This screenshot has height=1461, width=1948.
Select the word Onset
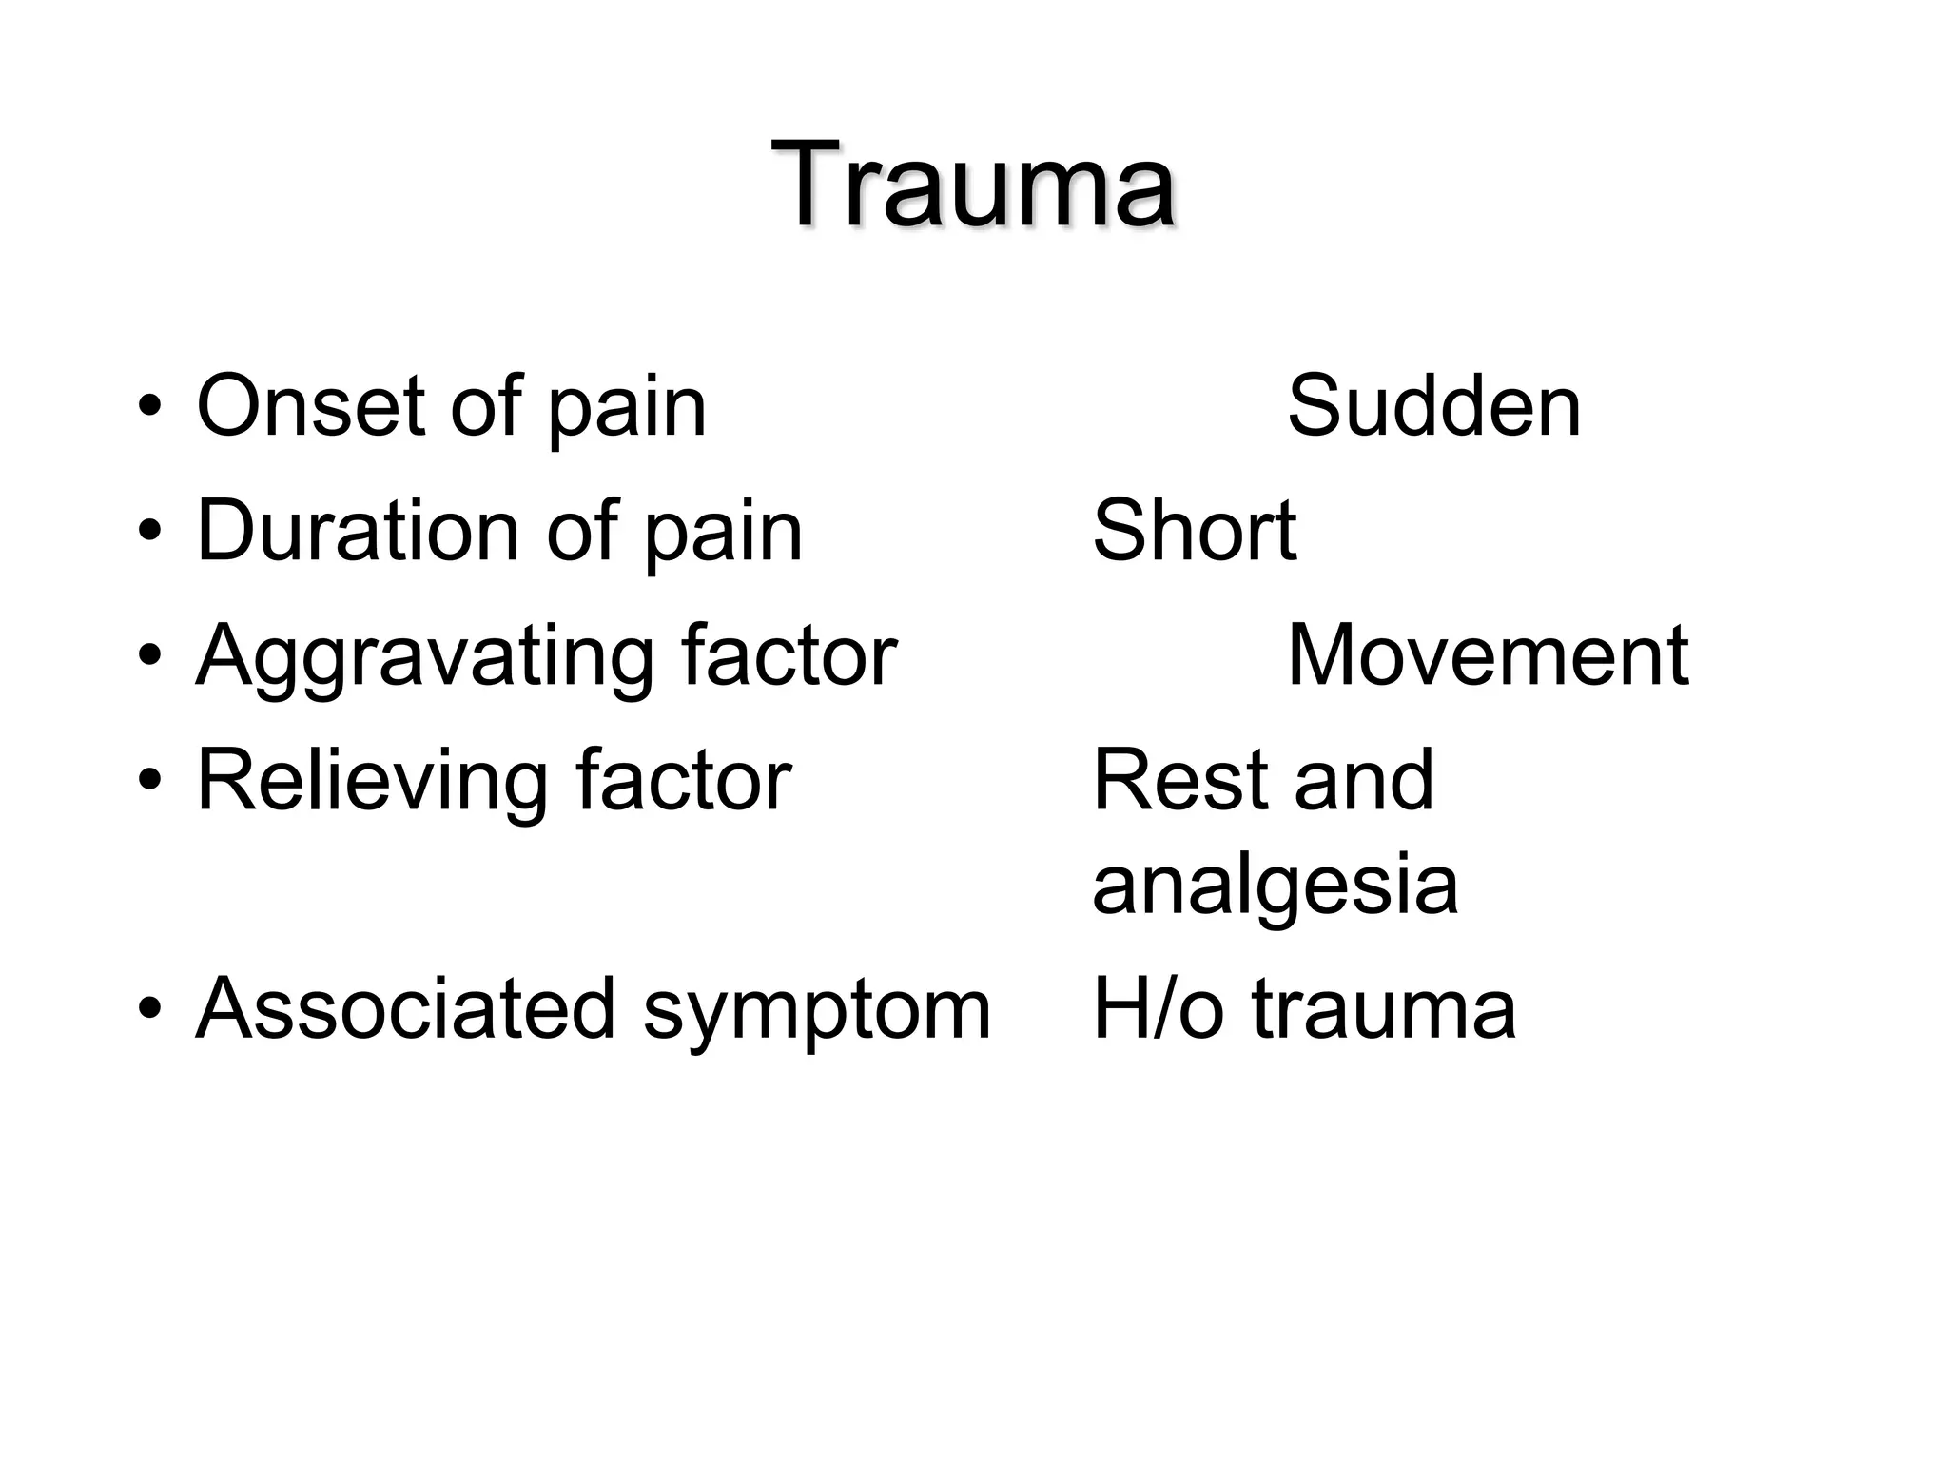pyautogui.click(x=309, y=406)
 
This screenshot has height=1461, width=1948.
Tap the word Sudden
pyautogui.click(x=1433, y=406)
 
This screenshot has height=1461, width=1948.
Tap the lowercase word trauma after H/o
pyautogui.click(x=1383, y=1010)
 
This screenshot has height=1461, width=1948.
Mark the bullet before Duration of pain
pyautogui.click(x=149, y=532)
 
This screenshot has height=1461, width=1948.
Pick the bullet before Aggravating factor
pyautogui.click(x=149, y=657)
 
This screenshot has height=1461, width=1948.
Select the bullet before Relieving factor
pyautogui.click(x=149, y=781)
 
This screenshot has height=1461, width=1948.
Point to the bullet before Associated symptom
pyautogui.click(x=149, y=1009)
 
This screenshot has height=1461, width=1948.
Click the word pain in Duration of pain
pyautogui.click(x=723, y=533)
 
